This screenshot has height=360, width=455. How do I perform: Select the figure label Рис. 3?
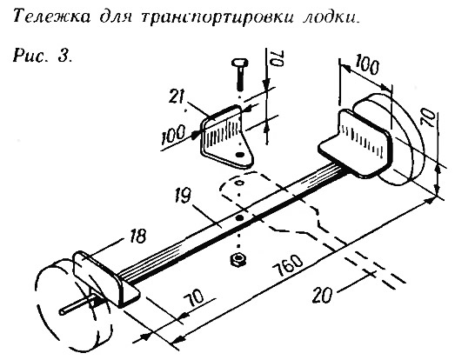(43, 56)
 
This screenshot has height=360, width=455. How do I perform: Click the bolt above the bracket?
(240, 73)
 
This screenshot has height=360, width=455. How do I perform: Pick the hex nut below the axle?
(238, 259)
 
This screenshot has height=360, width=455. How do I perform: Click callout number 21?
(177, 96)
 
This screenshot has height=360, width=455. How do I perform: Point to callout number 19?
(183, 196)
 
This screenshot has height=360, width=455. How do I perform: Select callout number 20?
(322, 296)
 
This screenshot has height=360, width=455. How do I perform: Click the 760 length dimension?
(288, 265)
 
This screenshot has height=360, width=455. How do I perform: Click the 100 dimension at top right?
(366, 66)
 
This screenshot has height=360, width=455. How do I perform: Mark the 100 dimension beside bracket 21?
(173, 135)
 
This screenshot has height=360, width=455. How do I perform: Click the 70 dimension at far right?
(430, 117)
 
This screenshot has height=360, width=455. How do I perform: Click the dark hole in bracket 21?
(239, 155)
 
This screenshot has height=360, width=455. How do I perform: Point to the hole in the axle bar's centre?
(239, 218)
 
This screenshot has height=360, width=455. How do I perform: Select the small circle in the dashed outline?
(239, 183)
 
